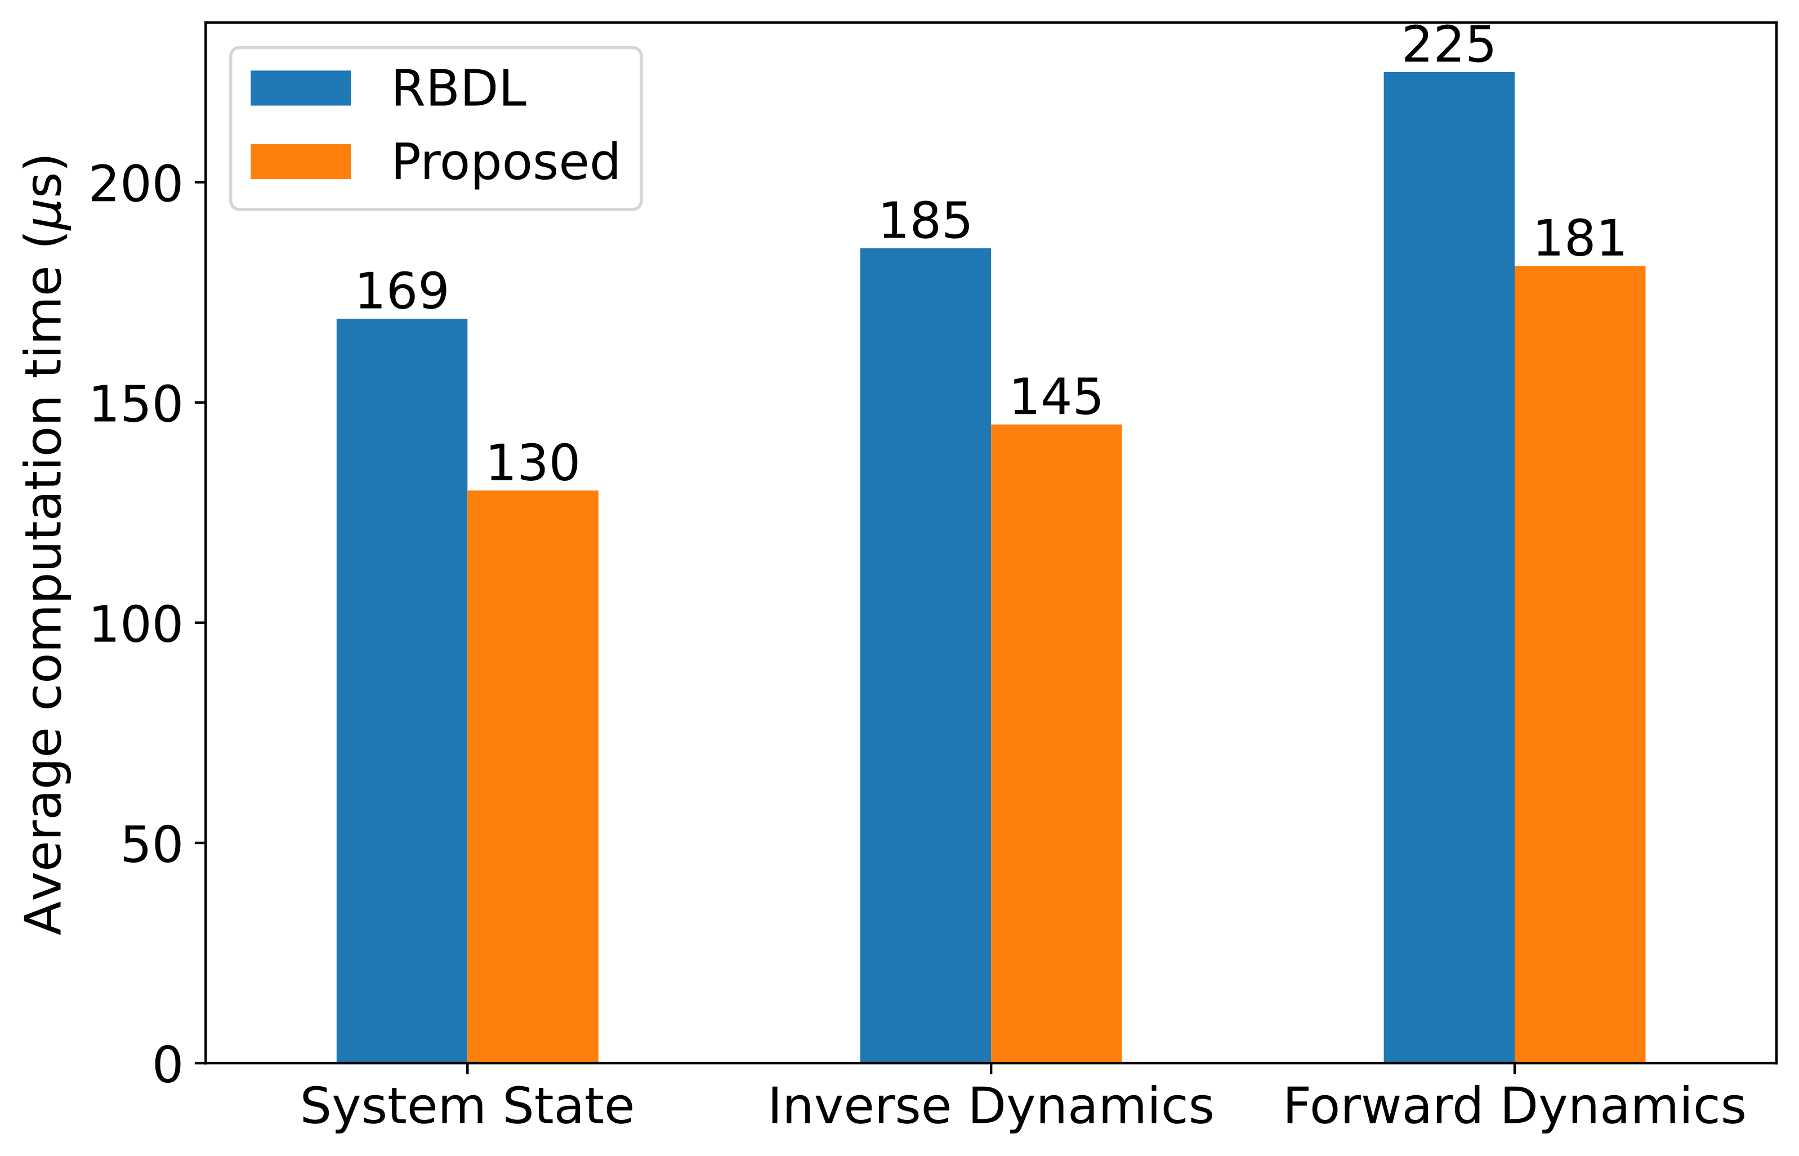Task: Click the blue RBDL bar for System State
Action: (x=401, y=690)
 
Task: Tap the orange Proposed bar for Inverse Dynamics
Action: (x=1056, y=743)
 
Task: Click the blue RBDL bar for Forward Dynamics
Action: (x=1449, y=568)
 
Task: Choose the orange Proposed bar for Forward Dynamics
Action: (x=1580, y=664)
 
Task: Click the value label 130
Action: (x=533, y=463)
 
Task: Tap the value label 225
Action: (x=1449, y=46)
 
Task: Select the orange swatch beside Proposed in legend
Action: (x=300, y=162)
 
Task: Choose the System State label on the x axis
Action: (x=467, y=1107)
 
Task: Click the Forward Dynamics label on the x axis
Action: (x=1514, y=1107)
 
